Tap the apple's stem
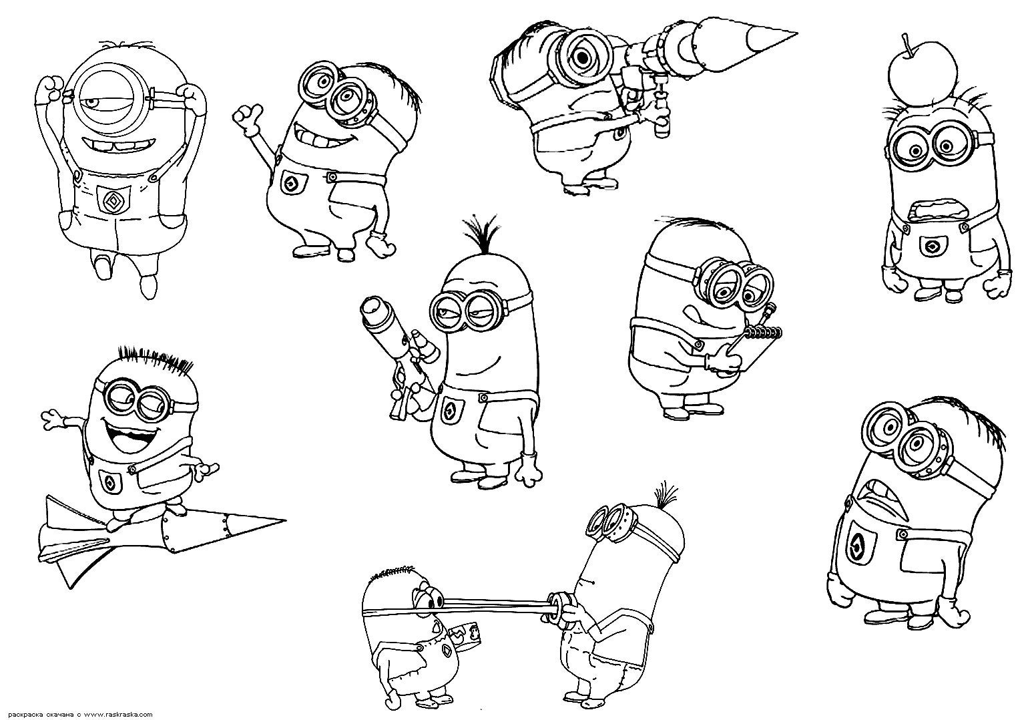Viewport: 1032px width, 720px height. coord(907,41)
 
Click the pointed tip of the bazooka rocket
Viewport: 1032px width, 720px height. coord(796,33)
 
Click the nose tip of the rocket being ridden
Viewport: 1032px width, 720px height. coord(284,520)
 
